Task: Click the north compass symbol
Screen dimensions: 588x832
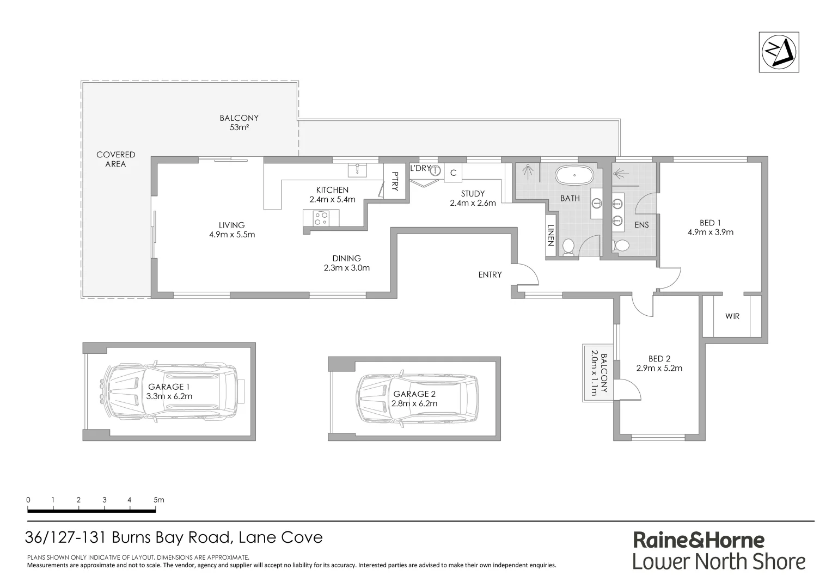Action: click(779, 52)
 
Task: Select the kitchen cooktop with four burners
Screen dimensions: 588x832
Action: click(321, 218)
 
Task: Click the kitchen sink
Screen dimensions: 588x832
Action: click(357, 170)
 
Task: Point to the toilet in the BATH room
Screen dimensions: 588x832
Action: click(568, 247)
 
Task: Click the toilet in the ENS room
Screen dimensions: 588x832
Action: click(620, 246)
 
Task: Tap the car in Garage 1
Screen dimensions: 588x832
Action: click(170, 391)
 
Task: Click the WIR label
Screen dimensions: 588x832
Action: click(732, 316)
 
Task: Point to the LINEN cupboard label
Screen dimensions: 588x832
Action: click(551, 235)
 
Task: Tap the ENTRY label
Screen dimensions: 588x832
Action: click(490, 275)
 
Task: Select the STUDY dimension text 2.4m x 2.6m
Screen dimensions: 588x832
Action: click(472, 203)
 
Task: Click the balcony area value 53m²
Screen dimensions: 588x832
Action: click(238, 128)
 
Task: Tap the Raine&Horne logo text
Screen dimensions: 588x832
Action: click(699, 540)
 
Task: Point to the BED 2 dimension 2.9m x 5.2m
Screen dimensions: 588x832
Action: click(659, 368)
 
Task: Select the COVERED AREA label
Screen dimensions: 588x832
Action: click(115, 159)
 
